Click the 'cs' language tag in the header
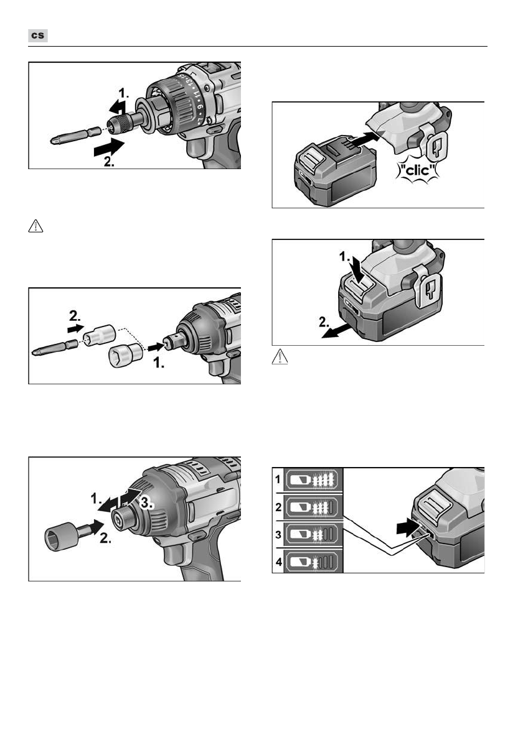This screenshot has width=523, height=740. (x=38, y=35)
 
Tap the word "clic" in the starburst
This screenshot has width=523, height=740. (x=417, y=170)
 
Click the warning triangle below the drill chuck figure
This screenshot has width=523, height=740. (x=36, y=226)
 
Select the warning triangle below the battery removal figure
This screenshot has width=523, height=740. (x=280, y=357)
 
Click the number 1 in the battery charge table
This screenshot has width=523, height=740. (x=278, y=480)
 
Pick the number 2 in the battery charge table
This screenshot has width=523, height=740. (x=278, y=507)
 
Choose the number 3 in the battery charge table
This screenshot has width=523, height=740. (x=278, y=535)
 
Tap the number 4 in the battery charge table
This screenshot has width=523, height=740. (x=279, y=562)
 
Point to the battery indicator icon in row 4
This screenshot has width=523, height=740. (x=313, y=562)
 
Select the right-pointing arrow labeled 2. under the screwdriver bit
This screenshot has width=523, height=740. (x=109, y=148)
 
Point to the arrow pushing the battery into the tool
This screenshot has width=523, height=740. (x=365, y=139)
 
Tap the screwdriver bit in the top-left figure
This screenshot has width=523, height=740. (x=75, y=136)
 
